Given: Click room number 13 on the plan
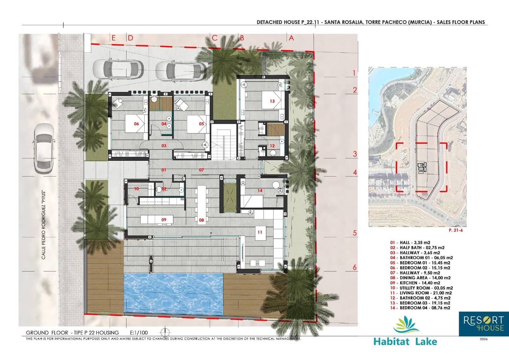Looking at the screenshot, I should [272, 101].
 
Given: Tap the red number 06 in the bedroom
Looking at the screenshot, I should [136, 124].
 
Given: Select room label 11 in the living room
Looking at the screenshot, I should [260, 232].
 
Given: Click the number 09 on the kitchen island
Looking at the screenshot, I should [164, 220].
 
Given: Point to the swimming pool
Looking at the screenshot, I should [173, 293].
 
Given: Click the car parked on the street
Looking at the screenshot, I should [44, 148].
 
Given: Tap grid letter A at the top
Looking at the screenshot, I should [291, 38].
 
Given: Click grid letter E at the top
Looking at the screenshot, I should [114, 38].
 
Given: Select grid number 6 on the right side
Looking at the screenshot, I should [355, 267].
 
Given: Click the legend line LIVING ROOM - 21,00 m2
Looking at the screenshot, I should [421, 293].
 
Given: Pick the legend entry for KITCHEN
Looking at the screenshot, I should [415, 283].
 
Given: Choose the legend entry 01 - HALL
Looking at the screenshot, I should [410, 243].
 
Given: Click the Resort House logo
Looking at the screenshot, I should [483, 324].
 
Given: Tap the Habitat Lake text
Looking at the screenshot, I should [405, 342].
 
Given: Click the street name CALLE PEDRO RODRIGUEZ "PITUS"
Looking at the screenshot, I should [44, 225].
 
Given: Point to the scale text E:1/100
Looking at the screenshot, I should [139, 333].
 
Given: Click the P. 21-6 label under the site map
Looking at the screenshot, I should [456, 230].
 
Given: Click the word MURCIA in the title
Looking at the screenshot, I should [420, 22].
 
